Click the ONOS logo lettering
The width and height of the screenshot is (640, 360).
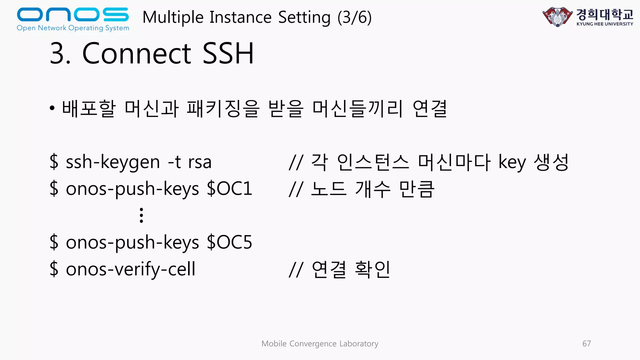click(x=72, y=14)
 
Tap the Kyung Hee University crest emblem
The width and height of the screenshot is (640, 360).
click(x=557, y=17)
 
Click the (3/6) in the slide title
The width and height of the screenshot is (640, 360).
click(x=354, y=17)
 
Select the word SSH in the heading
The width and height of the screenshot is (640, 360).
click(x=228, y=54)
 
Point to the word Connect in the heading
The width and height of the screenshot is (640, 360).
click(x=137, y=54)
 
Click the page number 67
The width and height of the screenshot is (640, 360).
click(x=586, y=343)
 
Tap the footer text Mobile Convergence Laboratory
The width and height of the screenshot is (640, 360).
click(x=320, y=343)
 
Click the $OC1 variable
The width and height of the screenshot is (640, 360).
click(x=229, y=189)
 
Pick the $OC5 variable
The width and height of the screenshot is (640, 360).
click(x=229, y=242)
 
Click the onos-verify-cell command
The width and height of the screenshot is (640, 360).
click(x=130, y=269)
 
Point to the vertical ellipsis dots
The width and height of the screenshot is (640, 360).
click(x=141, y=215)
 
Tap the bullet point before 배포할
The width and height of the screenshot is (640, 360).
click(x=52, y=108)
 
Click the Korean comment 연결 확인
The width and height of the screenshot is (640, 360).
click(x=351, y=269)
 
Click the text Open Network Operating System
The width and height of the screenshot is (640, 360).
click(x=73, y=28)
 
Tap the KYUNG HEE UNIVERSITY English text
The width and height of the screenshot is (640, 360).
click(x=605, y=24)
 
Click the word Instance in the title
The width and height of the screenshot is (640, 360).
click(x=240, y=17)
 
